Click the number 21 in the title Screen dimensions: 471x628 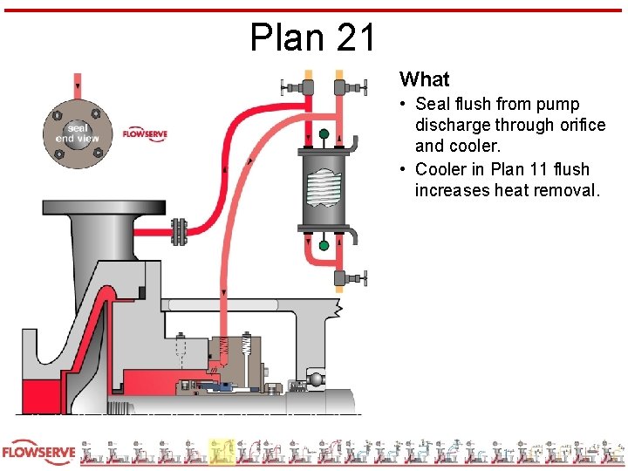pos(354,38)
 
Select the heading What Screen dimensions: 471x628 pos(424,79)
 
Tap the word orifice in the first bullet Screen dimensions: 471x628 pos(572,126)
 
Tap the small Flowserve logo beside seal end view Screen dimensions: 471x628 pos(144,134)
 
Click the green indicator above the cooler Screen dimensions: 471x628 pos(324,134)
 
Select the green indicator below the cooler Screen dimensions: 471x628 pos(324,245)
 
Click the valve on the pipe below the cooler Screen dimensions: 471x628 pos(349,277)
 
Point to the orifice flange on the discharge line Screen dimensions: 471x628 pos(181,231)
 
